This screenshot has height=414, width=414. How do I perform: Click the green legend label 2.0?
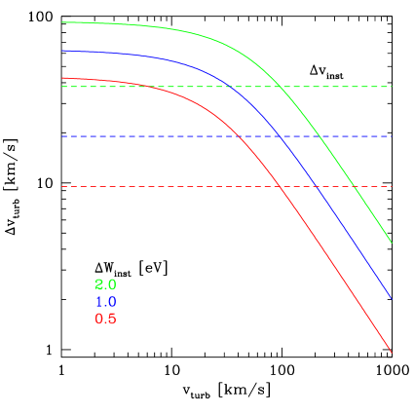(x=105, y=284)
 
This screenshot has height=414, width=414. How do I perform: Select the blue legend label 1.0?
(x=105, y=302)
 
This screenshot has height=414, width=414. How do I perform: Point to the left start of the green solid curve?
(x=62, y=21)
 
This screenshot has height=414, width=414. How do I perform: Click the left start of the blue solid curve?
(x=62, y=51)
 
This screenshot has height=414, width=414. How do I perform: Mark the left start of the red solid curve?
(x=62, y=78)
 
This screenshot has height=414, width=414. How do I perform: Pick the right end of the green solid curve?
(x=392, y=243)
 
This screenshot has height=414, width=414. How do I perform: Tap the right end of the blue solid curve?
(x=392, y=298)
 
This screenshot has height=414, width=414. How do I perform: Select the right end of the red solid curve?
(x=392, y=353)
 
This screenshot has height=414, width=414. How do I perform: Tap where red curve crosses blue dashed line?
(x=240, y=136)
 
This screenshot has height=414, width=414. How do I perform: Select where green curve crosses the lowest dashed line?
(x=353, y=186)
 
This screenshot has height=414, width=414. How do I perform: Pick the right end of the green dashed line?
(x=392, y=87)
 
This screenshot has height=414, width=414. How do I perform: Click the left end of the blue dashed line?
(x=62, y=136)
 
